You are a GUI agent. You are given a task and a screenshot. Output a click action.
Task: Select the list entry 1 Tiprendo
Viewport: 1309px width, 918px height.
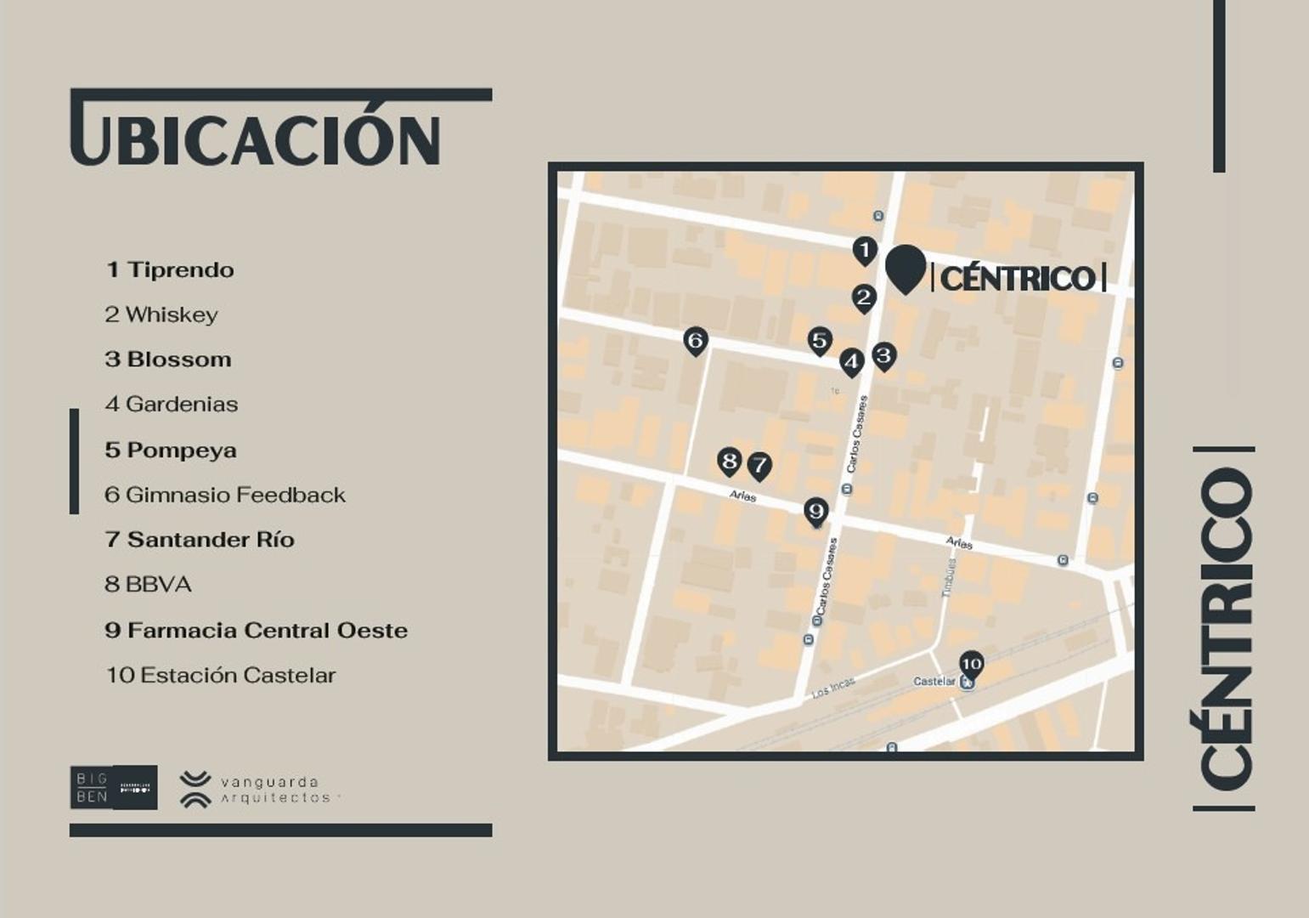pyautogui.click(x=170, y=270)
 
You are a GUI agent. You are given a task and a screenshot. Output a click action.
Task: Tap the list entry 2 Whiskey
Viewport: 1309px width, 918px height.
pyautogui.click(x=161, y=315)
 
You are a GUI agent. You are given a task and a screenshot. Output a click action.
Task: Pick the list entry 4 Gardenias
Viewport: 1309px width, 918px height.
pyautogui.click(x=172, y=405)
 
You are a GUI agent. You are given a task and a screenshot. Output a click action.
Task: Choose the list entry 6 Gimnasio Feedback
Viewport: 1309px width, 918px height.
pyautogui.click(x=225, y=495)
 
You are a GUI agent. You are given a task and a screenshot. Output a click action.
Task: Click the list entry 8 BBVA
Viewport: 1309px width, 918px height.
pyautogui.click(x=149, y=585)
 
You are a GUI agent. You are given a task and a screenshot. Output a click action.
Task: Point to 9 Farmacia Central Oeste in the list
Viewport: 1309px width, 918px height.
pyautogui.click(x=257, y=631)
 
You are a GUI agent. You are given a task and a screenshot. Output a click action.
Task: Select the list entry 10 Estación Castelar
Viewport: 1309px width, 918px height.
pyautogui.click(x=221, y=676)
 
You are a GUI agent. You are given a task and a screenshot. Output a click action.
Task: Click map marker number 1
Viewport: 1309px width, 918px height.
pyautogui.click(x=864, y=251)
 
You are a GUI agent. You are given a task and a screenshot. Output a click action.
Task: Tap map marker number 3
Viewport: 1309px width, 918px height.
pyautogui.click(x=883, y=355)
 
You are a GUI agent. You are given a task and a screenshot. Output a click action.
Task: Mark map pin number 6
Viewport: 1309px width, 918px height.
pyautogui.click(x=695, y=341)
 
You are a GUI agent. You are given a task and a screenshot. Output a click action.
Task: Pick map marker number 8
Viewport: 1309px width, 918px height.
pyautogui.click(x=729, y=462)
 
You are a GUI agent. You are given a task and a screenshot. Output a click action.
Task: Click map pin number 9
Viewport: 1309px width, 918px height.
pyautogui.click(x=815, y=511)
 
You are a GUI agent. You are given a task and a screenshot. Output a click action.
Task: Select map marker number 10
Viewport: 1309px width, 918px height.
pyautogui.click(x=971, y=664)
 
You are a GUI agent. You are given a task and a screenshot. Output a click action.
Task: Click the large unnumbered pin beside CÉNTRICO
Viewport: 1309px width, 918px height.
pyautogui.click(x=905, y=267)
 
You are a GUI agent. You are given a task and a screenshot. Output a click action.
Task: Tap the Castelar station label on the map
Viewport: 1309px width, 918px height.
pyautogui.click(x=934, y=682)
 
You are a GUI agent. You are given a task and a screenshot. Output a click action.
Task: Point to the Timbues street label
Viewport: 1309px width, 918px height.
pyautogui.click(x=950, y=578)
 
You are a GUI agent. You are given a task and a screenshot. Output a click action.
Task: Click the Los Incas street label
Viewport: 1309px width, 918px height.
pyautogui.click(x=833, y=688)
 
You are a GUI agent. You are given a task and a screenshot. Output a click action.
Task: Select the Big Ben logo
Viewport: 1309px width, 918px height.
pyautogui.click(x=113, y=787)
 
